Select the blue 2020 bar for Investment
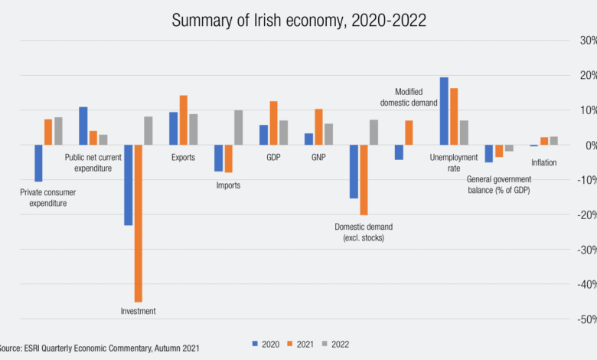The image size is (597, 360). (129, 185)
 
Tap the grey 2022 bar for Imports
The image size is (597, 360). (238, 127)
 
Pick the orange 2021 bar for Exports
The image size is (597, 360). (184, 119)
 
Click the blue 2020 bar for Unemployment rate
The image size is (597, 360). (444, 111)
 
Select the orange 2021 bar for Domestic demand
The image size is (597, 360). (364, 180)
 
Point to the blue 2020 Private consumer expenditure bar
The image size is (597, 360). (38, 163)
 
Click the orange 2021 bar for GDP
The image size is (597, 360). (273, 123)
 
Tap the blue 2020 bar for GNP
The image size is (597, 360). (308, 139)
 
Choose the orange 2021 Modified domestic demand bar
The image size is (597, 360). (409, 133)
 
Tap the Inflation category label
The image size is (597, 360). (544, 162)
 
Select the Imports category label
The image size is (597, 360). (228, 185)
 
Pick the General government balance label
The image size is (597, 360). (498, 184)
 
